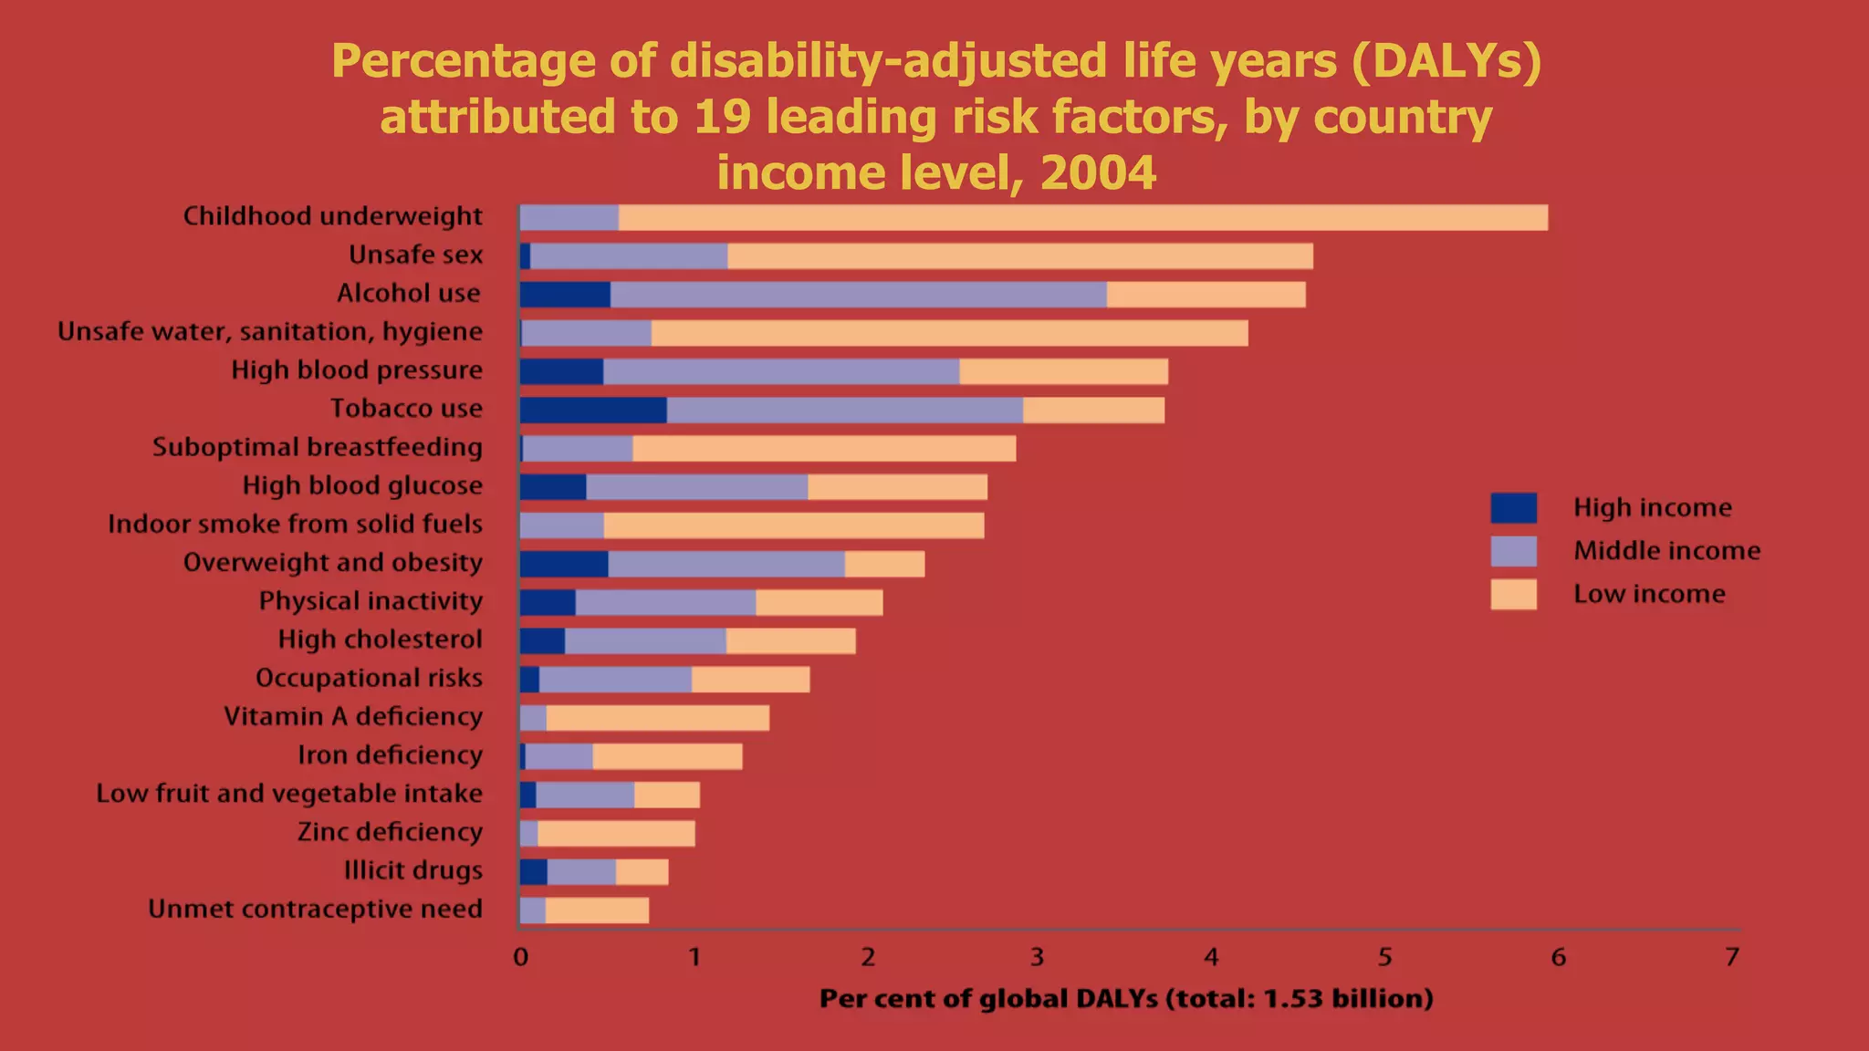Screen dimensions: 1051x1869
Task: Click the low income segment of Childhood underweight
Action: [x=1082, y=218]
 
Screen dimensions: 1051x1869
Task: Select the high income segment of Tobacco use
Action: [x=593, y=411]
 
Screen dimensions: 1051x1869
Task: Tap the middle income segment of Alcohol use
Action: [x=858, y=295]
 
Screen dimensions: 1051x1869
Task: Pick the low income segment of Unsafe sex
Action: [x=1019, y=256]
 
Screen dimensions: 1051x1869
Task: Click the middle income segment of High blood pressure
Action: [x=781, y=372]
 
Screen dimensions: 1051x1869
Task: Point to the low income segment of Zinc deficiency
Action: [x=616, y=834]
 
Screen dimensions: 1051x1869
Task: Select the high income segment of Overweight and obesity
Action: [x=564, y=564]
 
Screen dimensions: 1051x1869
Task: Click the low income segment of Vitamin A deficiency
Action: [x=657, y=718]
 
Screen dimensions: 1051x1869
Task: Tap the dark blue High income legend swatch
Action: [x=1513, y=508]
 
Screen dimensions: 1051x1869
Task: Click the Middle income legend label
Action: [x=1666, y=551]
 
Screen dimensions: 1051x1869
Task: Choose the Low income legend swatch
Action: [x=1513, y=594]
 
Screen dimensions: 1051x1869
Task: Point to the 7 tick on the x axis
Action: [x=1731, y=957]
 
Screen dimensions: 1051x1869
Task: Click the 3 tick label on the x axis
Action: [x=1038, y=957]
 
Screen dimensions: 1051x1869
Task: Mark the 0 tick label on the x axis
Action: [x=520, y=957]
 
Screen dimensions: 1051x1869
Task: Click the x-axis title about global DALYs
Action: [x=1126, y=999]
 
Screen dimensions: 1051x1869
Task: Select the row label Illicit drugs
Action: [x=412, y=871]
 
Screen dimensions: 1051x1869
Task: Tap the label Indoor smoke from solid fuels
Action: [x=295, y=525]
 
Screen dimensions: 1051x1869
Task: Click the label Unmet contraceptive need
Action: [x=315, y=910]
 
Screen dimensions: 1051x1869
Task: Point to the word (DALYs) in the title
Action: [x=1446, y=62]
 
